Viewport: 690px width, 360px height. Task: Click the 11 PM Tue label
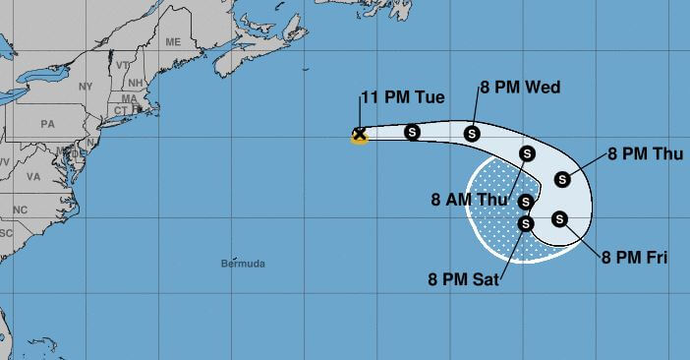click(x=404, y=97)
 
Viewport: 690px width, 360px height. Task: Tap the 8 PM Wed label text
click(x=520, y=88)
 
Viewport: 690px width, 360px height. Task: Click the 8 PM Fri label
click(x=635, y=258)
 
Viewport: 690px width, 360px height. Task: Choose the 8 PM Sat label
click(x=464, y=278)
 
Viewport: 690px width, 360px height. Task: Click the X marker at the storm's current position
click(x=360, y=135)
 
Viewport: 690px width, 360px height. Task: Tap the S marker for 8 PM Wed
click(x=472, y=133)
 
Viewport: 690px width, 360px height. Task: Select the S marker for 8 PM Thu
click(x=562, y=179)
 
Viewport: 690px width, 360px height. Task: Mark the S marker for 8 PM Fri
click(x=559, y=219)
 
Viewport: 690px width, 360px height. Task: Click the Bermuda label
click(x=244, y=264)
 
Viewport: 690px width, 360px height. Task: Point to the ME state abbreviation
click(x=173, y=42)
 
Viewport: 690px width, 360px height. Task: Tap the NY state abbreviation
click(x=86, y=87)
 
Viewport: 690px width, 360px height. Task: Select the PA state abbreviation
click(x=46, y=125)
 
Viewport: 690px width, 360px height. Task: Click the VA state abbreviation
click(x=33, y=177)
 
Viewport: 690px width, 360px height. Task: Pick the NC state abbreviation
click(x=20, y=210)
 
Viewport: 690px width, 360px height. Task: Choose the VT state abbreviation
click(x=123, y=65)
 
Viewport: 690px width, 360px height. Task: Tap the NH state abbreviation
click(x=136, y=83)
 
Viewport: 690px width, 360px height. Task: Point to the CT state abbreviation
click(x=122, y=110)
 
